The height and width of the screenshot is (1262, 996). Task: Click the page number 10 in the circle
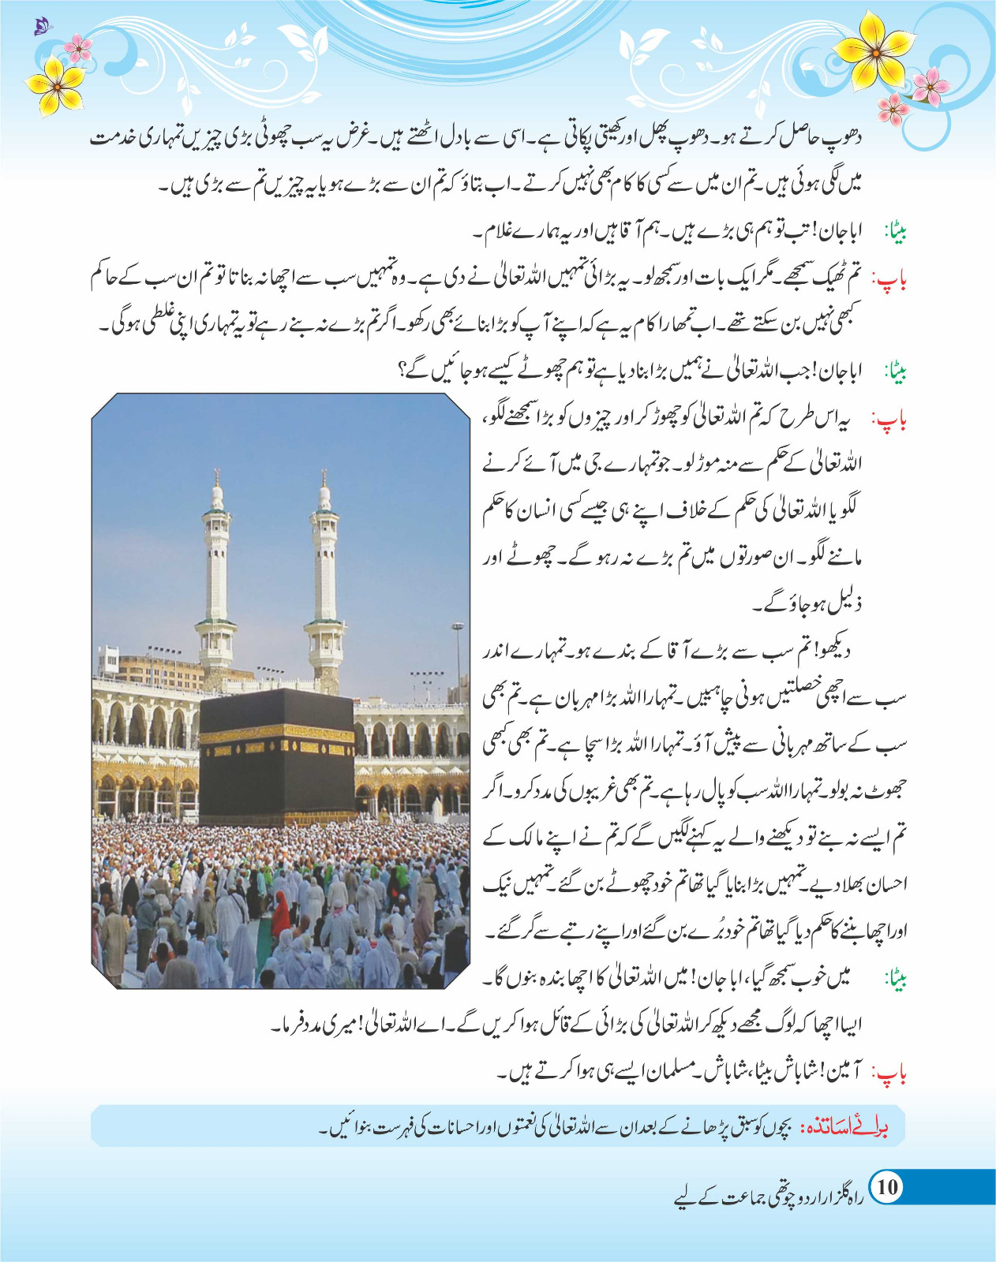[887, 1187]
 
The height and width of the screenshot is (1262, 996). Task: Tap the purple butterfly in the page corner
[40, 28]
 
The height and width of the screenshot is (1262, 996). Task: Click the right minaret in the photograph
[324, 568]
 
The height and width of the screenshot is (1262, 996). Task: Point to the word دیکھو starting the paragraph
[835, 652]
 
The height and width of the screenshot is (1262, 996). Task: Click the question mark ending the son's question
[403, 370]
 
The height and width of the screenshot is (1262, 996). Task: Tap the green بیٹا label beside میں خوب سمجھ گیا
[896, 980]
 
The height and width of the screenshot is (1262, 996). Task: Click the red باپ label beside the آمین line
[891, 1073]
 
